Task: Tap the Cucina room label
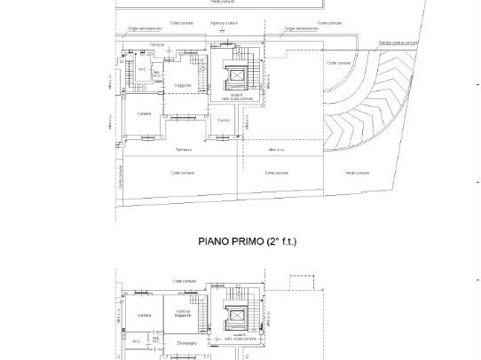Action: tap(225, 120)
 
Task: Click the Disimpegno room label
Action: tap(185, 340)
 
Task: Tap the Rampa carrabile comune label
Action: tap(398, 41)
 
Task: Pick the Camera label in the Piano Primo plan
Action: tap(144, 316)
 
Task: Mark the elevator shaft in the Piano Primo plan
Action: tap(237, 315)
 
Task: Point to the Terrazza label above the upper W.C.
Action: tap(157, 43)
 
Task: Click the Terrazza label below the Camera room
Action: tap(183, 149)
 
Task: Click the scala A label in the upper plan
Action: tap(236, 93)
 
